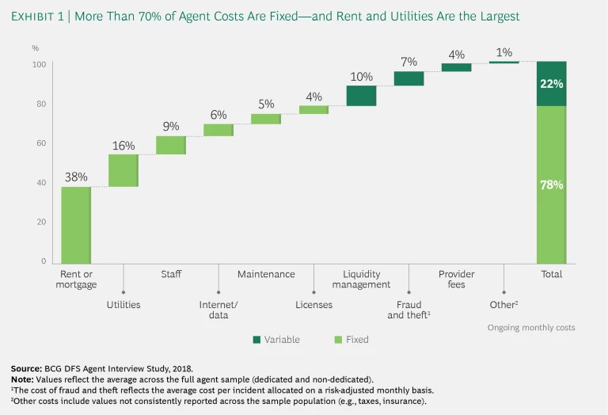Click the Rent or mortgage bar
tap(76, 224)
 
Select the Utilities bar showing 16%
tap(123, 170)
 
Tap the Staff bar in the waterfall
tap(171, 145)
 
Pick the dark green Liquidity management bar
tap(361, 95)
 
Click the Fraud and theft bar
tap(408, 78)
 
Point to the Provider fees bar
tap(456, 67)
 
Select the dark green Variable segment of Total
tap(551, 83)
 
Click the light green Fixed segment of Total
tap(551, 184)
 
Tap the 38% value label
tap(76, 177)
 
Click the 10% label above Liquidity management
tap(361, 76)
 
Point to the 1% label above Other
tap(503, 52)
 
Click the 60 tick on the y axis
tap(40, 143)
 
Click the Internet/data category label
tap(214, 310)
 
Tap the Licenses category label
tap(313, 304)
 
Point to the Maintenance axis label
tap(266, 274)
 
